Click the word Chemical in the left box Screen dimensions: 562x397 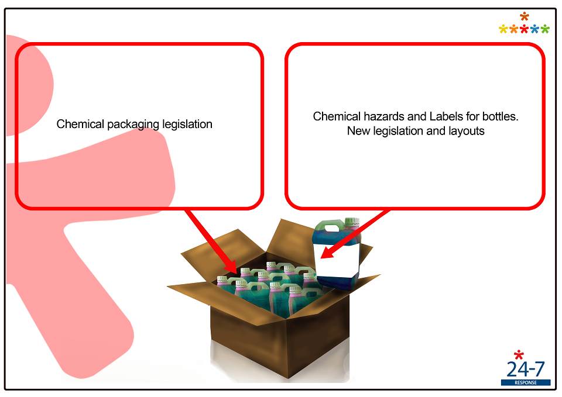80,124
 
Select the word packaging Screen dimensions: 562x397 133,125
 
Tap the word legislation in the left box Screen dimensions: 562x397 187,124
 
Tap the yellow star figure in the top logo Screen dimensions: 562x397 503,29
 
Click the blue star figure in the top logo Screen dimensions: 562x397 534,29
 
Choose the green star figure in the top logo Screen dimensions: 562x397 545,29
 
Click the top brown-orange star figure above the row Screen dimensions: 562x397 525,16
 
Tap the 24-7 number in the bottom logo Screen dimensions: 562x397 526,369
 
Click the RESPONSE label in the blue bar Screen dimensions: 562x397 526,383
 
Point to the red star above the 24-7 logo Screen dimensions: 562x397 519,355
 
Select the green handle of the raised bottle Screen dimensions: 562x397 328,226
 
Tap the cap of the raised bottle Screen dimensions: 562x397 352,221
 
